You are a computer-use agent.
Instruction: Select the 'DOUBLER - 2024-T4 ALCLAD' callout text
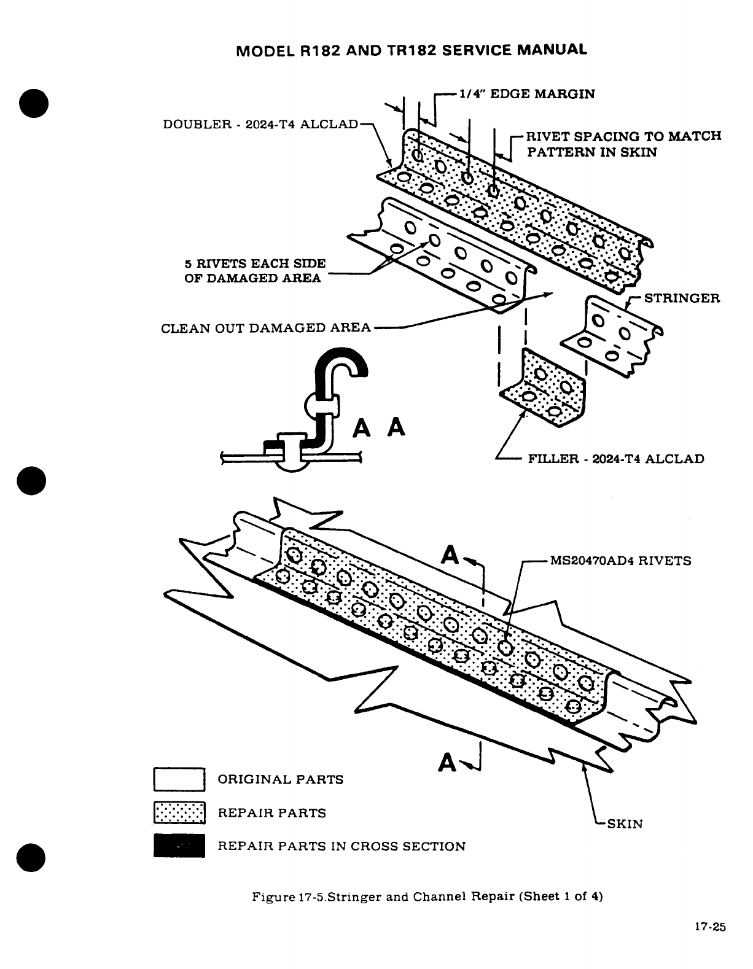(x=260, y=124)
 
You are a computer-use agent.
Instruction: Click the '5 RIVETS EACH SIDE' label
(x=255, y=263)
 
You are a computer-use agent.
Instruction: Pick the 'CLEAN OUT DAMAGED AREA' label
(x=265, y=327)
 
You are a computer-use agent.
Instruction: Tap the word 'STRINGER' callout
(x=682, y=298)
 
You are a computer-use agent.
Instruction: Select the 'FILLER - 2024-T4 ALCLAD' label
(x=616, y=459)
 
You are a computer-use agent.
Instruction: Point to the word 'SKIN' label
(x=625, y=823)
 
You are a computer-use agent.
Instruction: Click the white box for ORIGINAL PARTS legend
(x=179, y=779)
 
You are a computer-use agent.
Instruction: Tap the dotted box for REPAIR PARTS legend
(x=179, y=813)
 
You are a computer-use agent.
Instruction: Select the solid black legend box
(x=179, y=846)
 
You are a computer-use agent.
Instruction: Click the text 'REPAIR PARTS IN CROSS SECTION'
(x=341, y=846)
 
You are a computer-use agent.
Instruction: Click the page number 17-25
(x=710, y=927)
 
